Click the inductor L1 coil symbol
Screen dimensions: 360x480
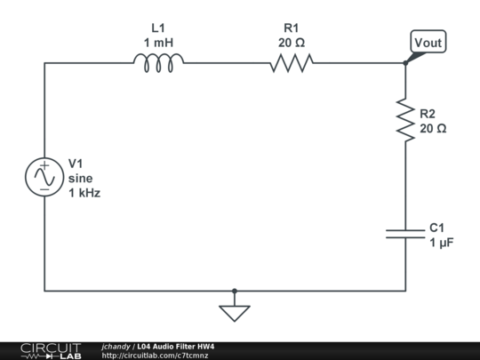click(160, 61)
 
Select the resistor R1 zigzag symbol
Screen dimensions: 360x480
click(292, 62)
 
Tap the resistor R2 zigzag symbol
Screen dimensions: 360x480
click(405, 120)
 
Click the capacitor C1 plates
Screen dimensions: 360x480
click(405, 233)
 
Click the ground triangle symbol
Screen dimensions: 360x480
click(235, 313)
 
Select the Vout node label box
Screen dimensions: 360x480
click(428, 42)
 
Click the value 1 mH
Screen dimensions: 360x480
click(158, 42)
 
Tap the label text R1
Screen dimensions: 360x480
click(290, 28)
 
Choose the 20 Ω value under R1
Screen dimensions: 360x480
click(290, 42)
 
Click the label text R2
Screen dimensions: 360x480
click(428, 114)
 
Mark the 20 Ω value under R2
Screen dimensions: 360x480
click(433, 128)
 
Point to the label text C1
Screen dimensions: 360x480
click(437, 228)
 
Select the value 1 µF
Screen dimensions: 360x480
click(442, 242)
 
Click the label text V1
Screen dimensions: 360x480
click(76, 164)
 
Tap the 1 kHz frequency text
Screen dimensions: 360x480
click(84, 192)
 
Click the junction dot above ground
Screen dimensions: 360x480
click(235, 291)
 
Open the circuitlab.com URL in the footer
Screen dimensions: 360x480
click(156, 355)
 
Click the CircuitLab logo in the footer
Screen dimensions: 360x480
click(51, 350)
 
